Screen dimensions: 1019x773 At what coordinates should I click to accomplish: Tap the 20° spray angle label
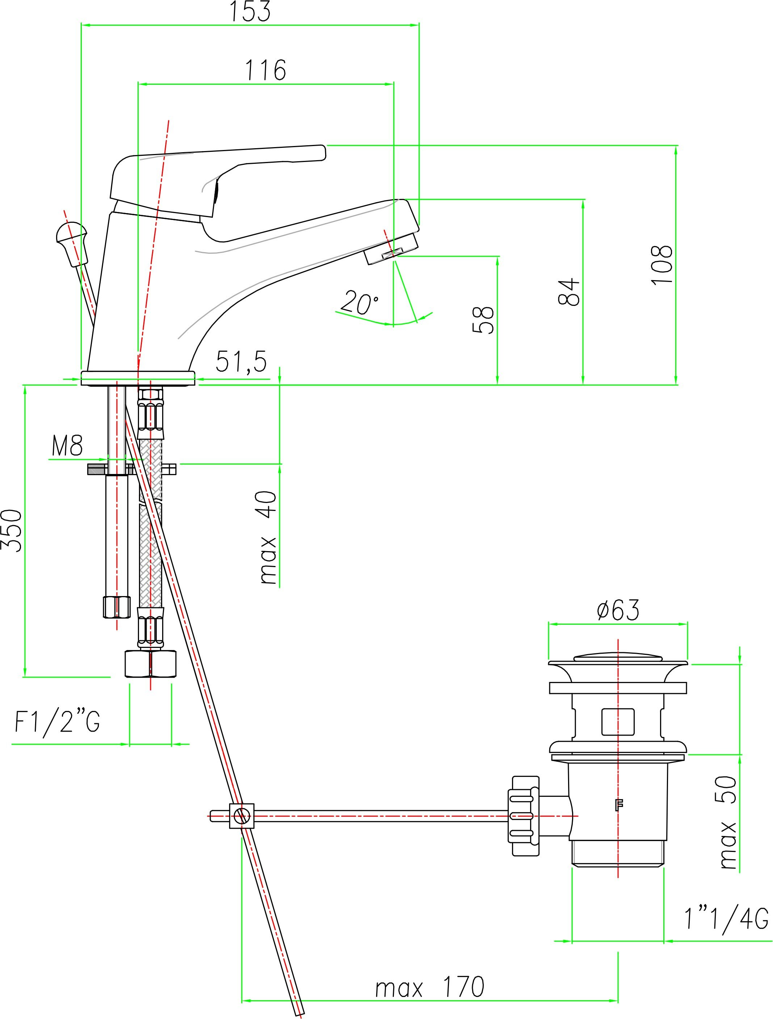point(360,302)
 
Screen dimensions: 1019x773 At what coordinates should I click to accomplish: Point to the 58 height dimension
point(483,319)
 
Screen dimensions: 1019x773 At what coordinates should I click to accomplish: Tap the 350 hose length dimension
point(12,530)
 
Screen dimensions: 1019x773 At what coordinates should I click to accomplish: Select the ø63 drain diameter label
point(618,610)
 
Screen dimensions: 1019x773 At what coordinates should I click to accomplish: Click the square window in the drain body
point(618,721)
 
